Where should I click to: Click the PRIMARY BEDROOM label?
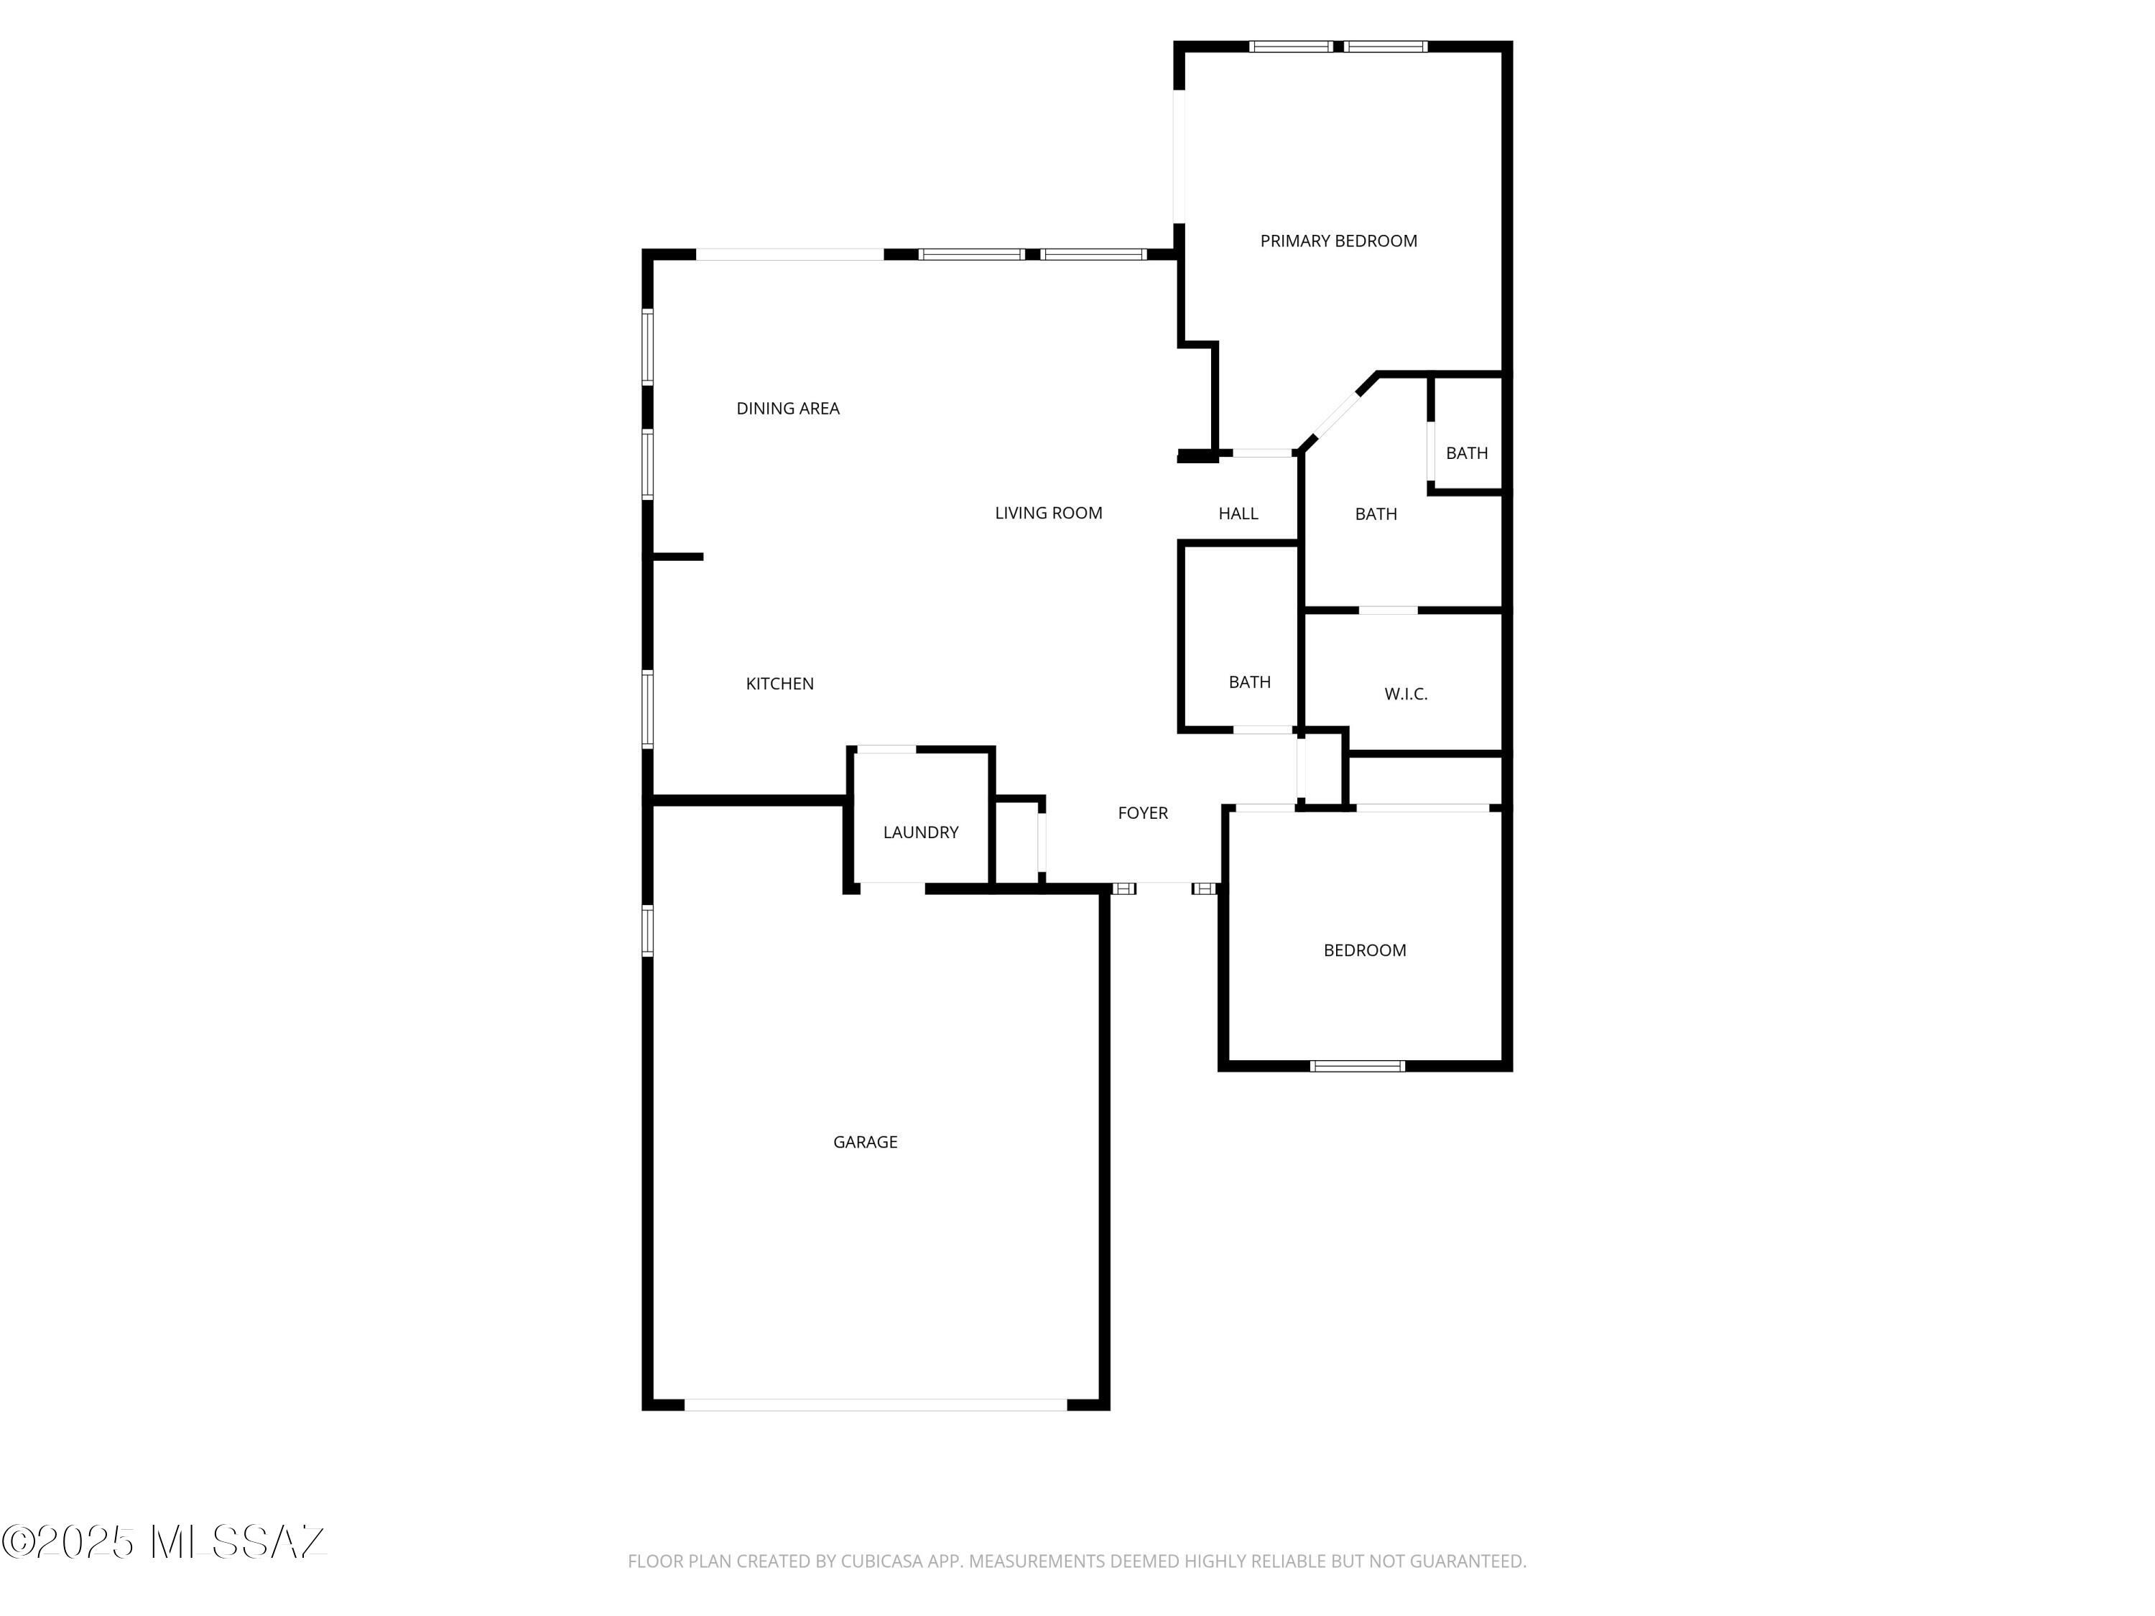point(1338,241)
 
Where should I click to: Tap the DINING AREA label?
point(787,408)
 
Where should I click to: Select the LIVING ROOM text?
point(1048,512)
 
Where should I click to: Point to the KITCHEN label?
point(779,684)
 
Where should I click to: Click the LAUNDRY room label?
point(921,832)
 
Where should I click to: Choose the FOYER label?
point(1143,812)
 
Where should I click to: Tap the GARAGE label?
point(865,1142)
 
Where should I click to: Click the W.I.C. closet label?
point(1406,694)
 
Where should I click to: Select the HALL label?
point(1238,514)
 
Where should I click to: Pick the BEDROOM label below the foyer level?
point(1364,949)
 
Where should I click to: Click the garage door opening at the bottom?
point(876,1405)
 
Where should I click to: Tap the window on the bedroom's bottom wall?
point(1357,1066)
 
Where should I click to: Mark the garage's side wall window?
point(647,930)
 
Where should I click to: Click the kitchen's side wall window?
point(647,708)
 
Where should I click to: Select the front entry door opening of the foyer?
point(1164,888)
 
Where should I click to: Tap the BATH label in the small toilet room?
point(1466,453)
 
